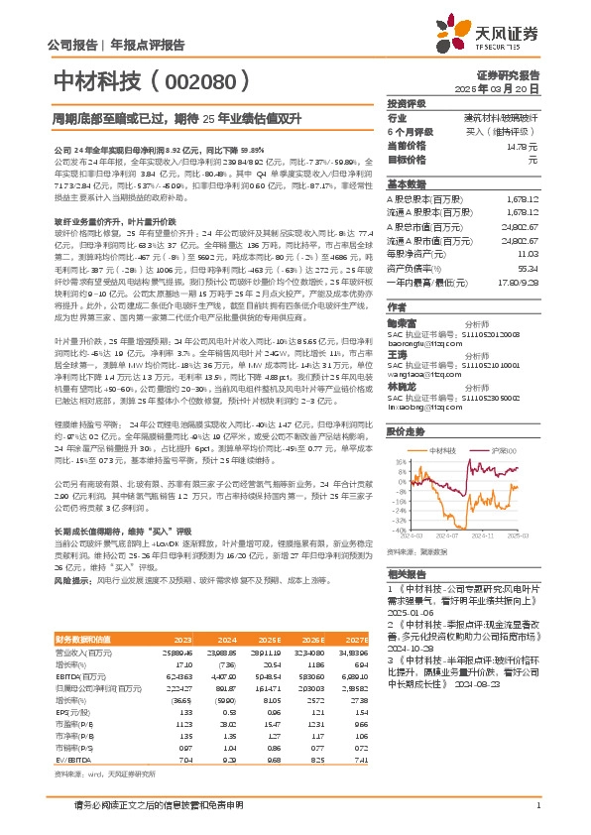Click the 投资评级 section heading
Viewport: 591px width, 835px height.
(405, 103)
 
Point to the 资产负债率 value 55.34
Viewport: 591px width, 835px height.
(525, 269)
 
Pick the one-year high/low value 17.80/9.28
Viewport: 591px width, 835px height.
(517, 281)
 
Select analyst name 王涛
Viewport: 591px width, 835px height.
(397, 354)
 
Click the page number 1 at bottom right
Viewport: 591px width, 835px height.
(536, 806)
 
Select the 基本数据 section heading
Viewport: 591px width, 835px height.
(405, 185)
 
